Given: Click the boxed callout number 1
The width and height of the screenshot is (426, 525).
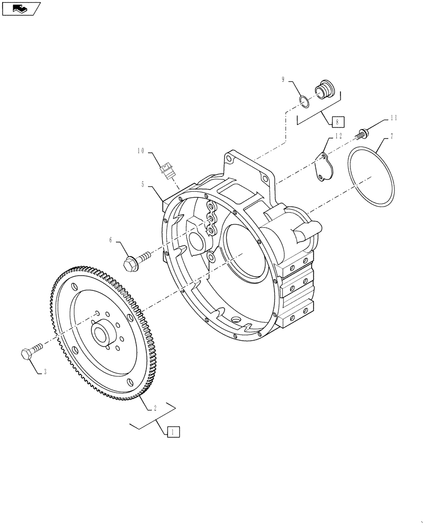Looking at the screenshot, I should [173, 432].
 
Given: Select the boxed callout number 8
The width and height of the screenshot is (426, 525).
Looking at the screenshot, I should [336, 121].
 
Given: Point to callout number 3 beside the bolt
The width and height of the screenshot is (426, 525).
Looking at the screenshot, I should [45, 371].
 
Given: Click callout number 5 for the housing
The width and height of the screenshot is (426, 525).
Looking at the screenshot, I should [142, 184].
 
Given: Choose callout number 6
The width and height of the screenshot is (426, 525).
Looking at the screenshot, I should [111, 239].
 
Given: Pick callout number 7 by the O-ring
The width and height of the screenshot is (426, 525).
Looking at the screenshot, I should [391, 137].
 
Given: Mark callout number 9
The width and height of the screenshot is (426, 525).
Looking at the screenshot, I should [283, 80].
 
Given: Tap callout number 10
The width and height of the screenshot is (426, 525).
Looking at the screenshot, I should [141, 151].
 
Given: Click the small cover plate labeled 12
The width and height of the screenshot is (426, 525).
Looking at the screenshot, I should [325, 169].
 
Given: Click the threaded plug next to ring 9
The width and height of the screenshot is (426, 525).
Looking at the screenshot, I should [324, 89].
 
